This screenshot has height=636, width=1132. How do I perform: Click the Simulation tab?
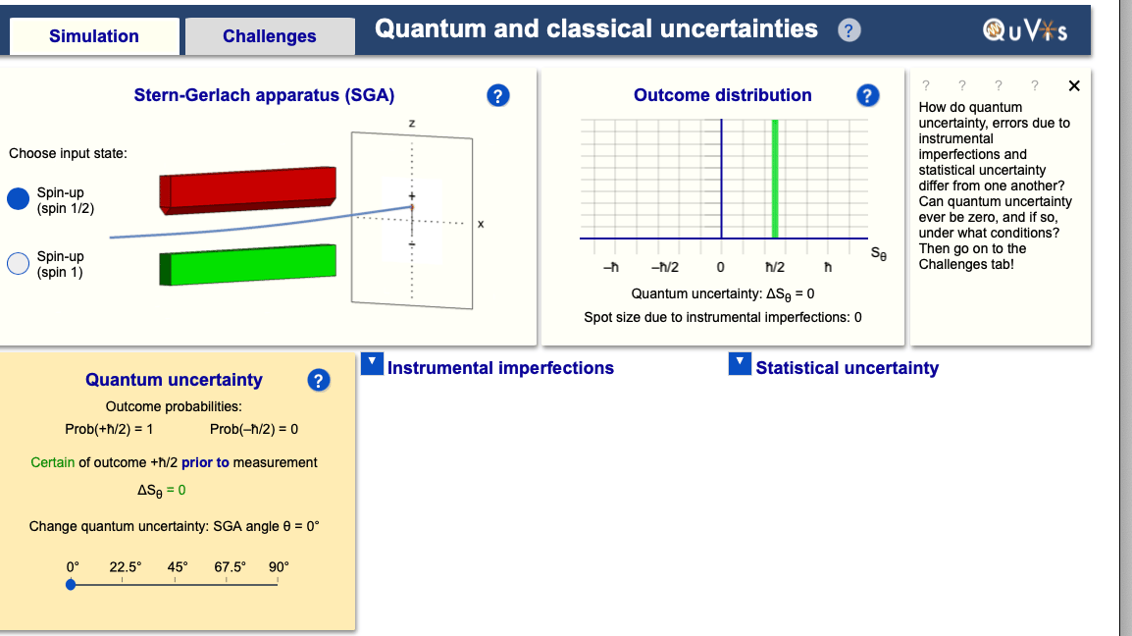pos(94,36)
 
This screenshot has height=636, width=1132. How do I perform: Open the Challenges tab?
pos(270,36)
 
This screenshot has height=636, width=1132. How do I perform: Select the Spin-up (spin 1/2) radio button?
pos(18,198)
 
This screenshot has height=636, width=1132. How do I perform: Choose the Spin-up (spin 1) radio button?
pos(18,264)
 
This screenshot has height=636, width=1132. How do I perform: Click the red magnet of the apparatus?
pos(247,190)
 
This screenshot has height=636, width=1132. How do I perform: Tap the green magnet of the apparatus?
pos(247,265)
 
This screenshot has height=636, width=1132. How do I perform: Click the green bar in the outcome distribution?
pos(775,179)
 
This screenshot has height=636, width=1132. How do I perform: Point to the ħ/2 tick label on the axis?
pos(775,267)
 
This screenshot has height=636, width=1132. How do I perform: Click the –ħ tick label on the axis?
pos(611,267)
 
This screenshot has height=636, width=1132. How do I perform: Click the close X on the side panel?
pos(1074,86)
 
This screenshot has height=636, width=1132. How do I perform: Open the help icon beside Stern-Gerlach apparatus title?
pos(498,95)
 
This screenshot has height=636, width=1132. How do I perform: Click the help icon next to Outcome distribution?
pos(868,95)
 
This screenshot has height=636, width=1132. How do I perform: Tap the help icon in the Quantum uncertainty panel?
pos(319,380)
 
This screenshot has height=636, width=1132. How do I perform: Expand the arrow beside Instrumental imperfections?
pos(372,363)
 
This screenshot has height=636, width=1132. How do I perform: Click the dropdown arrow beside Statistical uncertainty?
pos(740,363)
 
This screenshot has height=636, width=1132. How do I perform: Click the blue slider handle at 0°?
pos(71,585)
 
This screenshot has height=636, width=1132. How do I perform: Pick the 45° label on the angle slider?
pos(178,567)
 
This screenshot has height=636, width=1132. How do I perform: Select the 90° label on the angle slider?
pos(279,567)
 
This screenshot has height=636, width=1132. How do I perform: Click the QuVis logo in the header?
pos(1025,30)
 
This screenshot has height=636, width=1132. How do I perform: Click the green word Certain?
pos(53,462)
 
